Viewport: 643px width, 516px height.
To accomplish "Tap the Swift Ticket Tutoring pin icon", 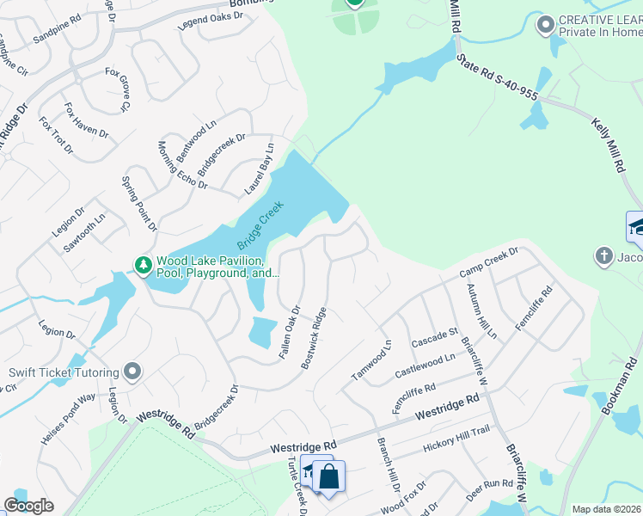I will [x=132, y=372].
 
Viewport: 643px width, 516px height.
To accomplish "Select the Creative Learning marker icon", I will [x=544, y=25].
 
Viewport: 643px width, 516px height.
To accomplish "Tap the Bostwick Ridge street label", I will [x=314, y=339].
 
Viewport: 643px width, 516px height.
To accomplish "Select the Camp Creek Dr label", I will [x=489, y=262].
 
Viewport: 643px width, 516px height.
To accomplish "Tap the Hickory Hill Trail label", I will [x=456, y=445].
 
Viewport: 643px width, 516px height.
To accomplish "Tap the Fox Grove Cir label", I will [x=116, y=89].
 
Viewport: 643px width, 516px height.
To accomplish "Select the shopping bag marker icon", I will [x=328, y=476].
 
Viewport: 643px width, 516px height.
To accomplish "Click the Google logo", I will [x=28, y=506].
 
